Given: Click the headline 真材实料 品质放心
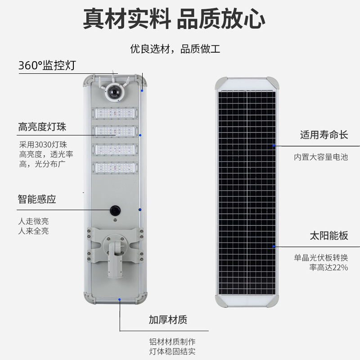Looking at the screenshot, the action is (x=174, y=19).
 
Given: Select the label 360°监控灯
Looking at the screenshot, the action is (x=47, y=66).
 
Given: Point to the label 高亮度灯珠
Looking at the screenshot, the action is (x=42, y=127).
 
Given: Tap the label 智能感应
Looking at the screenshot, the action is (x=37, y=199).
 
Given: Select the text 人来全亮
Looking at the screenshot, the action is (x=34, y=231).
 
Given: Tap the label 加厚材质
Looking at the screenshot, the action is (x=168, y=320).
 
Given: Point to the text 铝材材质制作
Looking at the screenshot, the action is (x=172, y=342).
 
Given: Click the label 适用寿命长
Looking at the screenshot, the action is (x=324, y=135).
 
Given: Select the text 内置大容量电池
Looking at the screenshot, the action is (x=321, y=157).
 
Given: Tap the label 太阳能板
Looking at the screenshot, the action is (x=329, y=235).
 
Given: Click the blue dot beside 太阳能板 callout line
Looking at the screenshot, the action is (x=274, y=247).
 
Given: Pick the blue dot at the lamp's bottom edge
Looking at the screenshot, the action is (x=119, y=299).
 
